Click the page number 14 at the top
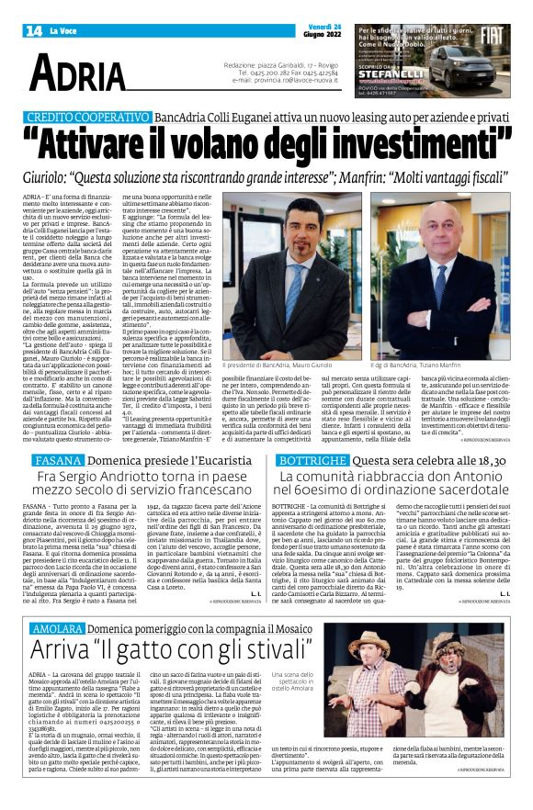coord(34,31)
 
